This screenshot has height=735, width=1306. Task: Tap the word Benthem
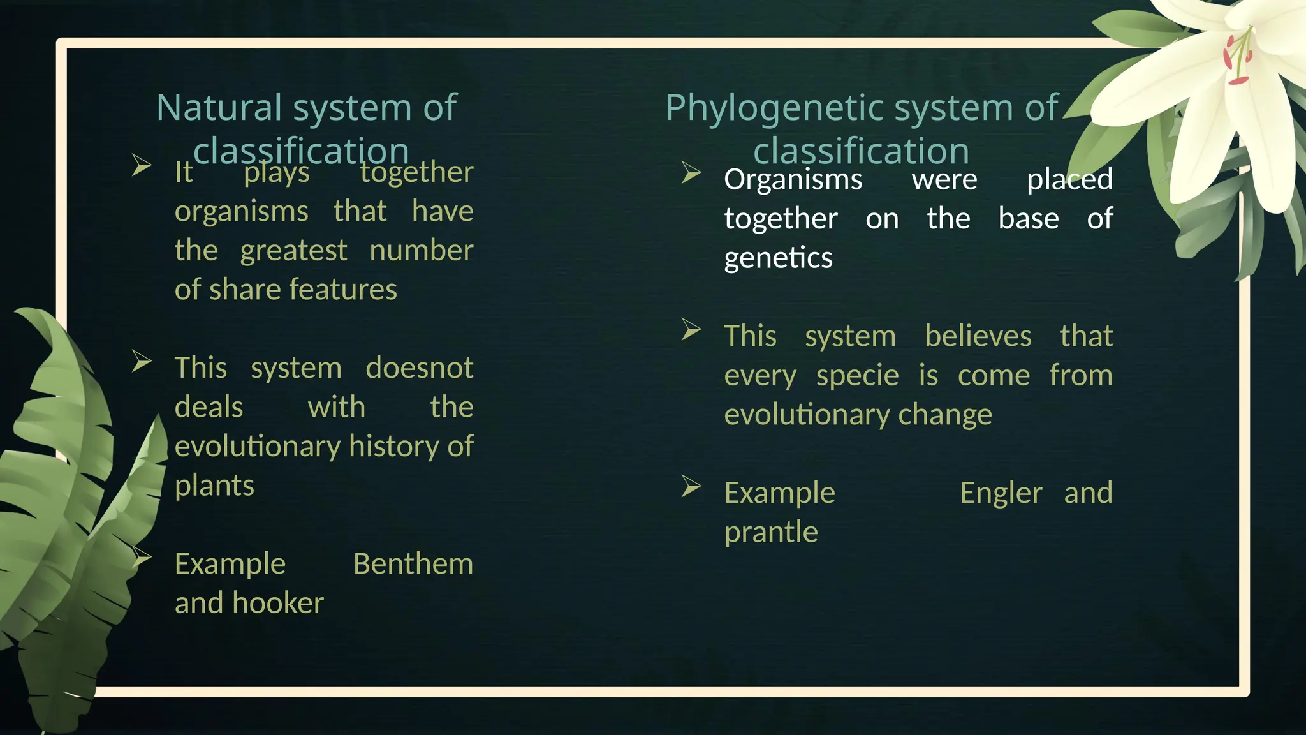pyautogui.click(x=413, y=564)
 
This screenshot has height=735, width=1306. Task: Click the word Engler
pyautogui.click(x=1001, y=493)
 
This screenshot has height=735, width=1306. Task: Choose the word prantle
pyautogui.click(x=770, y=532)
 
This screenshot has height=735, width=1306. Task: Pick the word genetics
pyautogui.click(x=778, y=258)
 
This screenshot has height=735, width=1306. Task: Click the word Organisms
pyautogui.click(x=793, y=179)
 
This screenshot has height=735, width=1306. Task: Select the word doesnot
pyautogui.click(x=419, y=368)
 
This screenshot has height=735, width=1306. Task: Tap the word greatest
pyautogui.click(x=293, y=251)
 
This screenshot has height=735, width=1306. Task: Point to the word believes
pyautogui.click(x=978, y=336)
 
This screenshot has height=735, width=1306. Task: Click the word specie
pyautogui.click(x=857, y=375)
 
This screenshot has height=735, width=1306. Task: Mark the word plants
pyautogui.click(x=214, y=486)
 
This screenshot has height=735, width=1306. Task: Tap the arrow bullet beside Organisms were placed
pyautogui.click(x=691, y=172)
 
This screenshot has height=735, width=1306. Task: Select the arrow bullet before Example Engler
pyautogui.click(x=691, y=486)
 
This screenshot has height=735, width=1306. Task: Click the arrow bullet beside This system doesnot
pyautogui.click(x=141, y=361)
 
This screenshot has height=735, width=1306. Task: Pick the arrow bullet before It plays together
pyautogui.click(x=141, y=165)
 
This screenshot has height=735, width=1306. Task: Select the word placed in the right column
pyautogui.click(x=1069, y=179)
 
